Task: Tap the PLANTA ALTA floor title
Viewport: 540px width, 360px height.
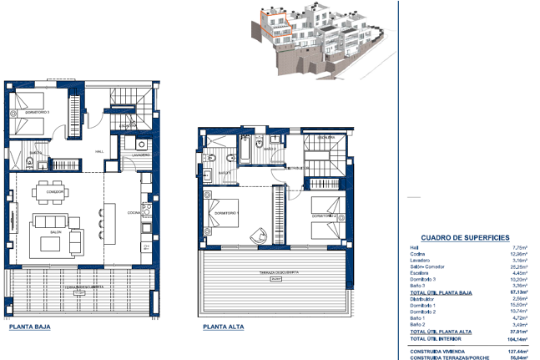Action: (x=223, y=327)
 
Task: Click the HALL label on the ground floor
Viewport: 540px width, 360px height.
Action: (x=98, y=151)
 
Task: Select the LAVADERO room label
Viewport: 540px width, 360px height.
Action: (x=141, y=155)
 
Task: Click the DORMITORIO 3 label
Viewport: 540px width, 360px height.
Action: (x=38, y=110)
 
